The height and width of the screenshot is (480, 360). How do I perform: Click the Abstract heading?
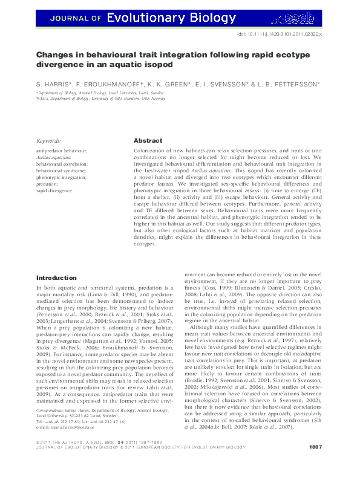pos(147,140)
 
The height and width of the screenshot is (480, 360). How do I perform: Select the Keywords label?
pos(49,140)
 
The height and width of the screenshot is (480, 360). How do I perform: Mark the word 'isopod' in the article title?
pos(160,63)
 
